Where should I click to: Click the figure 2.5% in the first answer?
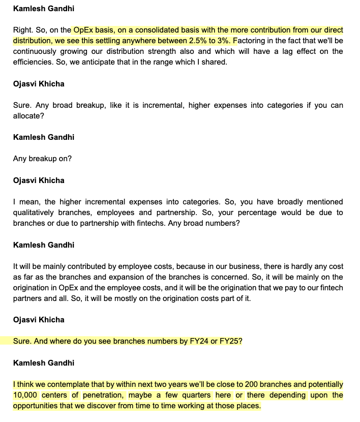197,41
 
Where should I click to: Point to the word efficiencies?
33,62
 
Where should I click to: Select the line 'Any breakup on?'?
42,159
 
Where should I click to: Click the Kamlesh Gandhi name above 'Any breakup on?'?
43,137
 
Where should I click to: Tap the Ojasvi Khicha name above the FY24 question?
39,320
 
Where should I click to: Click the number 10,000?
27,395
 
